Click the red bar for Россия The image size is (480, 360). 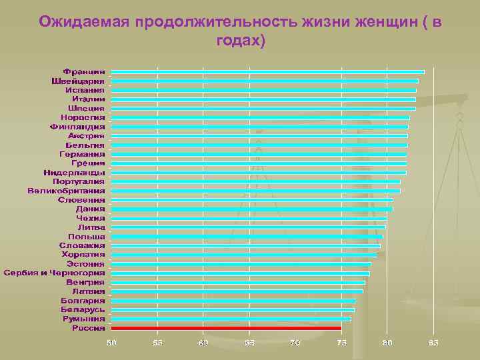point(226,328)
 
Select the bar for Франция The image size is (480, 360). point(267,71)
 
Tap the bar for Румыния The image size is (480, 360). point(231,319)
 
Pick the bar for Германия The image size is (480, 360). point(259,154)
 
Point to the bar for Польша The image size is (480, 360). point(247,236)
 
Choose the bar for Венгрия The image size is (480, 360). point(238,282)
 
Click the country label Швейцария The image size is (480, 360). point(78,81)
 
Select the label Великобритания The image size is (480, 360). point(66,191)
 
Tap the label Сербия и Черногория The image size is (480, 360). point(55,273)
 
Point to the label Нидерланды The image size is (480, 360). point(74,172)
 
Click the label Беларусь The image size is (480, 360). point(83,309)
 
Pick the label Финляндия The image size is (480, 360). point(77,126)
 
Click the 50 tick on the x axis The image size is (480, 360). point(111,343)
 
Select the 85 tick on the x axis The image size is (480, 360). point(433,343)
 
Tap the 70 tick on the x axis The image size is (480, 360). point(295,343)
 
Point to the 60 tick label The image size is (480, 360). point(203,343)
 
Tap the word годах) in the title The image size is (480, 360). point(241,41)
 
